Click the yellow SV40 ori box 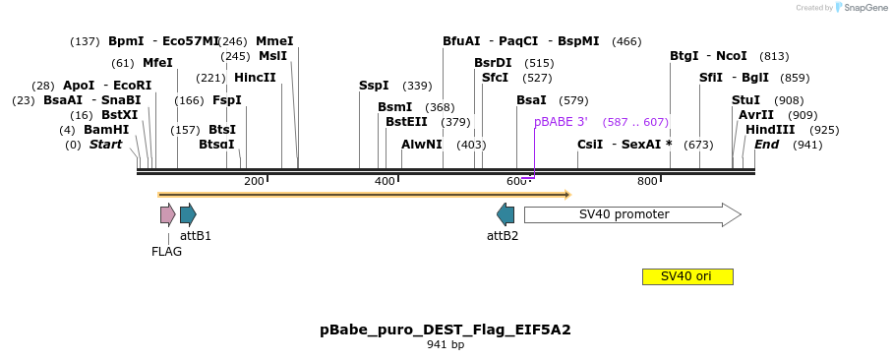tap(687, 276)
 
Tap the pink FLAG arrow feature tap(167, 214)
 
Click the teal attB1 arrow tap(188, 214)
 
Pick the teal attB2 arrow tap(505, 214)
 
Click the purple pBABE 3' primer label tap(561, 122)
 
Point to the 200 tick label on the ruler tap(254, 181)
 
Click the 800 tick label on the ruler tap(647, 181)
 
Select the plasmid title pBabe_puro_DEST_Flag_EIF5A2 tap(446, 330)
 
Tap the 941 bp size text tap(446, 345)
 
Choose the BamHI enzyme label tap(106, 130)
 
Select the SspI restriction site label tap(374, 86)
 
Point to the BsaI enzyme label tap(531, 100)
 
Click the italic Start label tap(105, 145)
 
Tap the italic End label tap(766, 145)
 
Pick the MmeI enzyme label tap(274, 41)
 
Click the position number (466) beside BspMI tap(626, 41)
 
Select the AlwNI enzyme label tap(422, 145)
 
